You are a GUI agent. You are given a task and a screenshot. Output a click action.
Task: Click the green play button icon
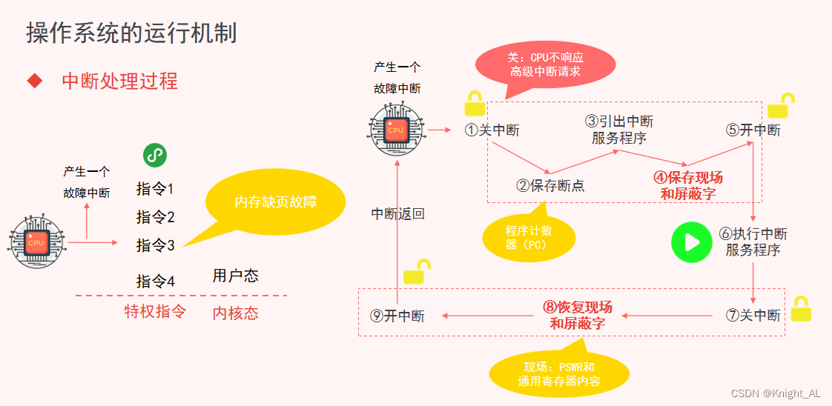click(x=691, y=242)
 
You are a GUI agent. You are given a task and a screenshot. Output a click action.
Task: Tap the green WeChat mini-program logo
click(x=154, y=156)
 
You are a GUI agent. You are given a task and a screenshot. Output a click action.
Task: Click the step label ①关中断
click(x=492, y=130)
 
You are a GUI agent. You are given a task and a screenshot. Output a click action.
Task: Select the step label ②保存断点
click(x=550, y=185)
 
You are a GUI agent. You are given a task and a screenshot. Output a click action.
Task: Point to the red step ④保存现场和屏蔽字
click(x=687, y=186)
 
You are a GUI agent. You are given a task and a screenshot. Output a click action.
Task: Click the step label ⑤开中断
click(x=753, y=130)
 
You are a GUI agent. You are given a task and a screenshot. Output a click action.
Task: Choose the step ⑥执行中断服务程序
click(x=753, y=242)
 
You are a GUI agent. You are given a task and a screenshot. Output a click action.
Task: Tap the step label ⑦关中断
click(x=753, y=315)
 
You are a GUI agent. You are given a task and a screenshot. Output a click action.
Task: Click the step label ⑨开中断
click(x=397, y=316)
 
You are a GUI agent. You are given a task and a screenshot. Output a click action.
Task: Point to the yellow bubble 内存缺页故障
click(x=276, y=202)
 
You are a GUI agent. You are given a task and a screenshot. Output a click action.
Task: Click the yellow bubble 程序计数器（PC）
click(x=529, y=237)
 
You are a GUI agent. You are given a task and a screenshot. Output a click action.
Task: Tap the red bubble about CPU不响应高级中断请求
click(x=545, y=64)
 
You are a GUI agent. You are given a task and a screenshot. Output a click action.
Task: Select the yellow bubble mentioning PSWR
click(x=559, y=374)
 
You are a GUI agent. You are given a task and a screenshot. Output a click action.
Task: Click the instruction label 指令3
click(x=156, y=245)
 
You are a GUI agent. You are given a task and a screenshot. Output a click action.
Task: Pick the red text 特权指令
click(x=155, y=312)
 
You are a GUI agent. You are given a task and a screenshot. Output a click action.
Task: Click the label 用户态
click(x=236, y=276)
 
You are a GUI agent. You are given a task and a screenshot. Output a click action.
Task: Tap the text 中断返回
click(x=398, y=214)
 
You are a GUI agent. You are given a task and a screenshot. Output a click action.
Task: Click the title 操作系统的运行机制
click(x=132, y=33)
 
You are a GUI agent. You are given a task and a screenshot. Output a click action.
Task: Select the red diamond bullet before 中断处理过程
click(x=34, y=81)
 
